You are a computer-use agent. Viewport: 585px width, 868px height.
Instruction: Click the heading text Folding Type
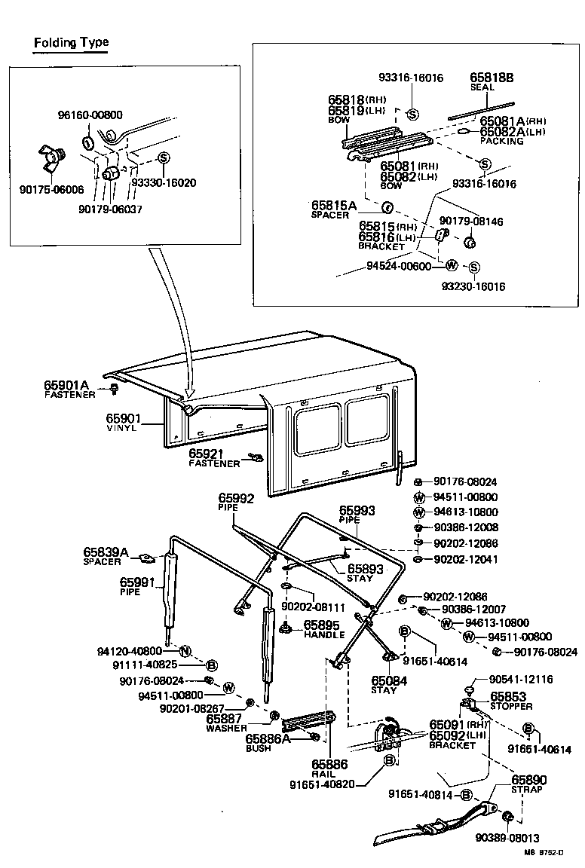pos(71,42)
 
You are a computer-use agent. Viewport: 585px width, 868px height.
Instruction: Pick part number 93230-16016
pos(474,286)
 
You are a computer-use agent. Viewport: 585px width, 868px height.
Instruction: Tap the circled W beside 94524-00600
pos(451,265)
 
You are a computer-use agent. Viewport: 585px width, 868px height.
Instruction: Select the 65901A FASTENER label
pos(70,389)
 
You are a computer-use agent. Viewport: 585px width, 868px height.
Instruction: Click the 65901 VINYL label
pos(121,422)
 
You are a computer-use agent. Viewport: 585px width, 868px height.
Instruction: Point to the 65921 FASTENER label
pos(213,457)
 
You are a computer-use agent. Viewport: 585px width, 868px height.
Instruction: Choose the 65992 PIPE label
pos(236,502)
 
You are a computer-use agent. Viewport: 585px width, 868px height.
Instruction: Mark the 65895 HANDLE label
pos(322,629)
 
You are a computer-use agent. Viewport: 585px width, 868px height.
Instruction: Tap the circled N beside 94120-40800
pos(185,651)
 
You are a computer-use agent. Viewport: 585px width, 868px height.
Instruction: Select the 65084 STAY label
pos(384,684)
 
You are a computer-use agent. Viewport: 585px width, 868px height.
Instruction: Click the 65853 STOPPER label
pos(511,701)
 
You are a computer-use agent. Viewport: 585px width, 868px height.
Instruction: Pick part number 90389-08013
pos(507,838)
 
